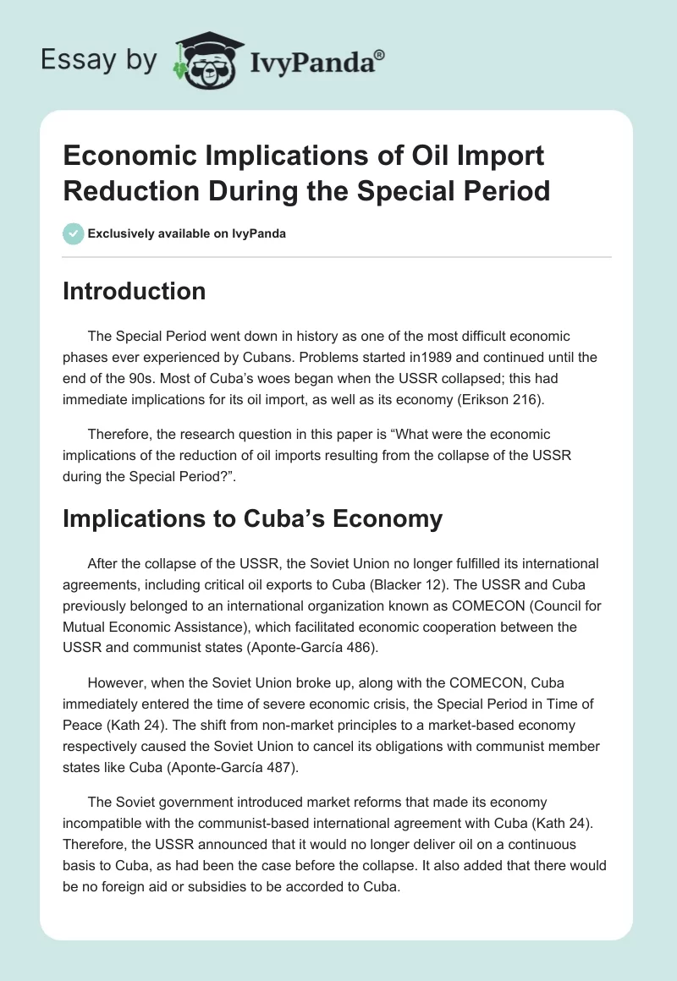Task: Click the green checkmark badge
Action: pyautogui.click(x=74, y=233)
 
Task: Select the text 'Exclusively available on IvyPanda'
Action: pyautogui.click(x=187, y=233)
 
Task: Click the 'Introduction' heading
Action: pyautogui.click(x=135, y=291)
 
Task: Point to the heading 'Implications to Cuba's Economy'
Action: pyautogui.click(x=252, y=518)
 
